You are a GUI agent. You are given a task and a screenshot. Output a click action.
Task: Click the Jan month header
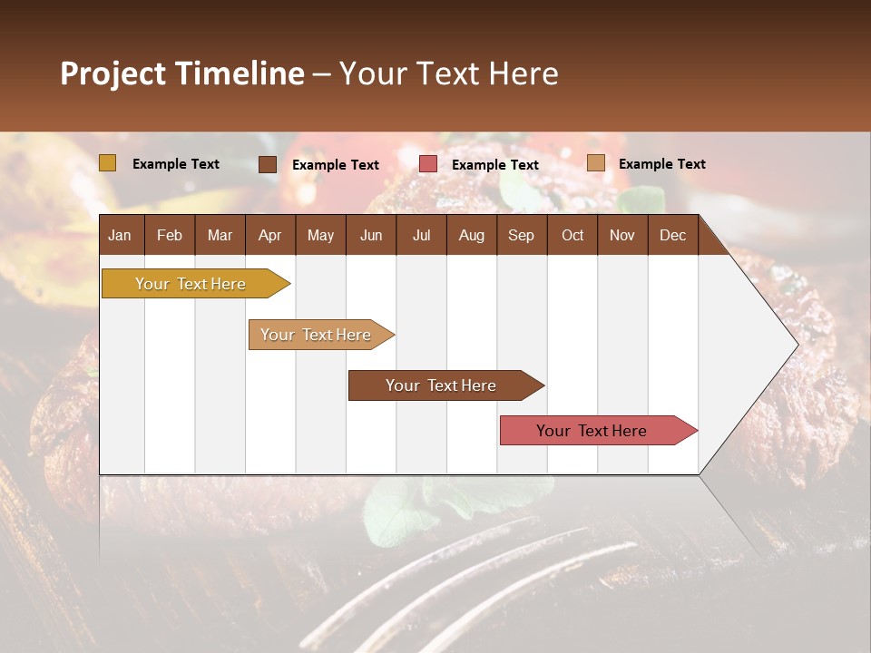click(x=120, y=235)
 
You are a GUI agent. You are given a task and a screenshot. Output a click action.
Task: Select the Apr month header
click(x=269, y=235)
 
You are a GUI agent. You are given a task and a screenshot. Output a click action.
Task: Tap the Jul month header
click(x=421, y=235)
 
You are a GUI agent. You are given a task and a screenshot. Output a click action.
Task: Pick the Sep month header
click(x=521, y=235)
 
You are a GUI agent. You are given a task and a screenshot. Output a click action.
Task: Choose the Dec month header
click(x=672, y=235)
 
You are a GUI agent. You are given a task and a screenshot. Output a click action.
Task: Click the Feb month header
click(x=170, y=235)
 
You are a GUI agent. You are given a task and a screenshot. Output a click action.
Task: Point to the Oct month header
click(x=573, y=235)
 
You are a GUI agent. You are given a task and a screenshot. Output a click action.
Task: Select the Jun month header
click(x=370, y=235)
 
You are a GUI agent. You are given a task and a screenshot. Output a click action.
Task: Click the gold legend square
click(x=108, y=163)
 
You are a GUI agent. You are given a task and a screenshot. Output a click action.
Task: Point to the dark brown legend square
click(x=268, y=164)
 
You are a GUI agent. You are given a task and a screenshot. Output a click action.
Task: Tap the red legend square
click(x=428, y=164)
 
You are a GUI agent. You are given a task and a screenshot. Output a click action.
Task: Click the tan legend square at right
click(x=596, y=163)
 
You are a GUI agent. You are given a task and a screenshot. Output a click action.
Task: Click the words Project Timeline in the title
click(x=181, y=73)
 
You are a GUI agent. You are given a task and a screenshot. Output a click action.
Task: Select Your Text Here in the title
click(x=448, y=73)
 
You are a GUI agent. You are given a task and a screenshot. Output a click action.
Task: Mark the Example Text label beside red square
click(x=494, y=165)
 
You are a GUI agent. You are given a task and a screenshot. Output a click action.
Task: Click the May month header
click(x=320, y=235)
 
